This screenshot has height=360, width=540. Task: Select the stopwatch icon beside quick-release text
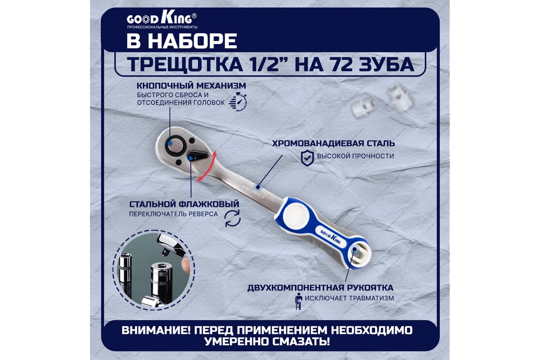(238, 101)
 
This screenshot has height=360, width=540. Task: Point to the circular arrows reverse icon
(232, 218)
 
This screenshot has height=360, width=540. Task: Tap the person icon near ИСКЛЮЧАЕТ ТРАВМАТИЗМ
(299, 301)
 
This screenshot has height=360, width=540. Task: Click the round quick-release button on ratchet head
(175, 145)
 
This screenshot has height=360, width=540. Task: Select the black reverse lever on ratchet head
(198, 156)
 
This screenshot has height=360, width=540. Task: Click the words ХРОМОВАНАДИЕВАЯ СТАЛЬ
(333, 144)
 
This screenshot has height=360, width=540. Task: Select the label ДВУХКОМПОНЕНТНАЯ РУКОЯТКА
(320, 288)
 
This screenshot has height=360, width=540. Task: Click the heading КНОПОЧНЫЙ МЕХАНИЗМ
(191, 85)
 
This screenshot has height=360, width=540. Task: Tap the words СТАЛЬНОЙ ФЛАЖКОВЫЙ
(184, 204)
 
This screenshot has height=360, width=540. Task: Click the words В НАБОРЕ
(182, 41)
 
